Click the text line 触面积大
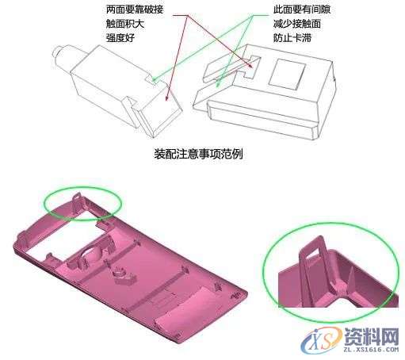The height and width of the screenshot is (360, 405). (125, 25)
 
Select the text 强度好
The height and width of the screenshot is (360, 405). (120, 38)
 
